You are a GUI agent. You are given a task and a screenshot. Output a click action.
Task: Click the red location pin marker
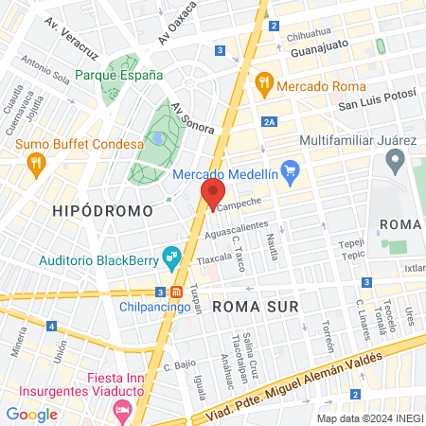pos(211,195)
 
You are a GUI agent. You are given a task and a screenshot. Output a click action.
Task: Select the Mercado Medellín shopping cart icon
pos(290,172)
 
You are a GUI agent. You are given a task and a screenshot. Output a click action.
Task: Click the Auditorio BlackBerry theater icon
pos(171,254)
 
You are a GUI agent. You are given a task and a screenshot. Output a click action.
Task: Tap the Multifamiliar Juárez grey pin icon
pos(396,162)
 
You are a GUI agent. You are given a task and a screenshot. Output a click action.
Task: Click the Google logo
pos(32,414)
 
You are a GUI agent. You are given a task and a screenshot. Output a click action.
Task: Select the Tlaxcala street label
pos(213,257)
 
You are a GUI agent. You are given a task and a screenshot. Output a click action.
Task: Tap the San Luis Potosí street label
pos(378,103)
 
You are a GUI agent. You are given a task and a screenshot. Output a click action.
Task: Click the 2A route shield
pos(270,121)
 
